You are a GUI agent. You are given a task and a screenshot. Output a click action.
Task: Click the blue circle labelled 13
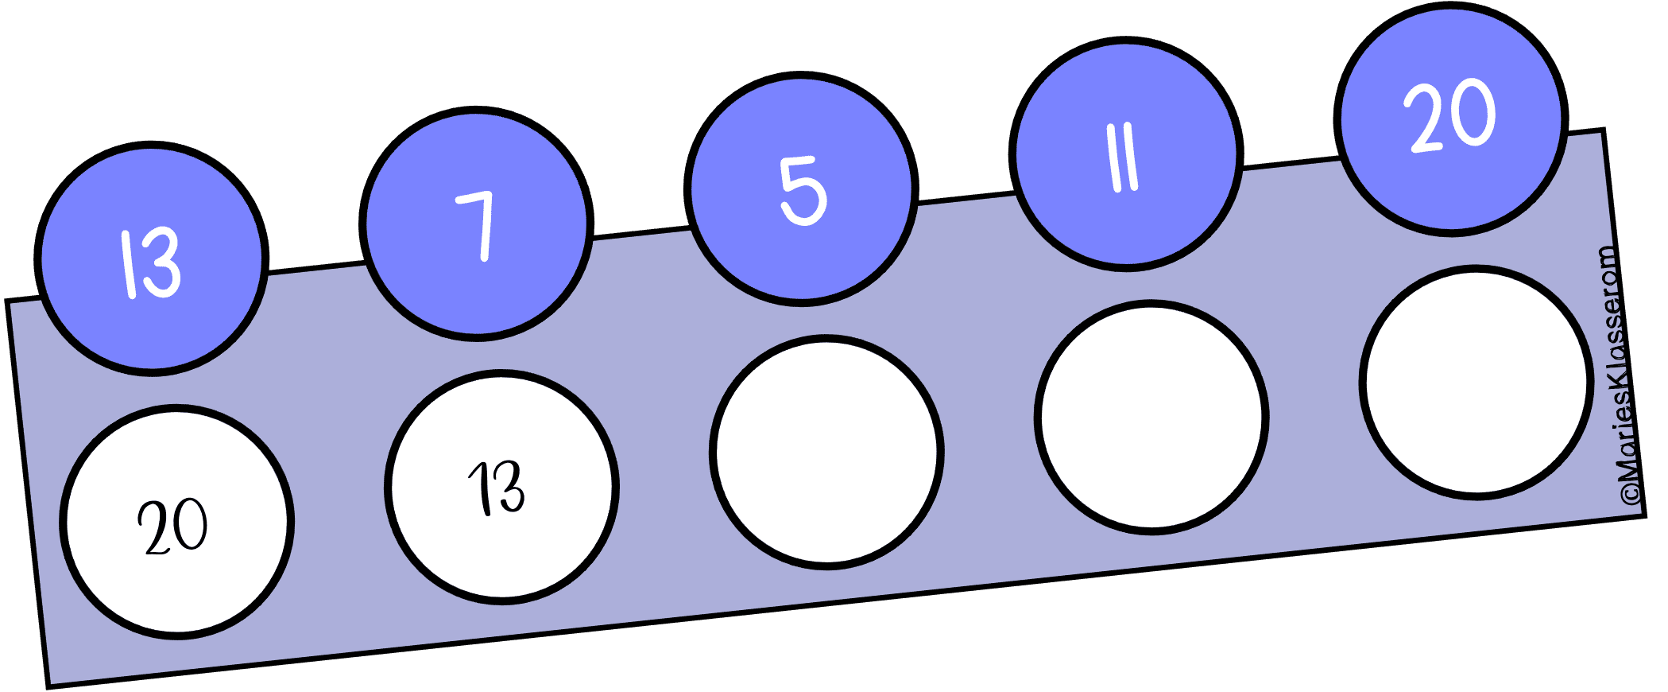(151, 259)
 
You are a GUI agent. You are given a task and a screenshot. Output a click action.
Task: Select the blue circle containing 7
(476, 224)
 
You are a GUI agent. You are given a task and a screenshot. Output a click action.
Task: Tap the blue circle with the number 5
(801, 189)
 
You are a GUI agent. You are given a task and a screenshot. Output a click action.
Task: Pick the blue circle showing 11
(1126, 154)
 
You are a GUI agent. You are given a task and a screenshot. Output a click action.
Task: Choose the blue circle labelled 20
(1451, 119)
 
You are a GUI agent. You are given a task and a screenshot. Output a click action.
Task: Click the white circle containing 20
(176, 523)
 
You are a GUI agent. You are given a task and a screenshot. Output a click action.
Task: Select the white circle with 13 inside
(501, 488)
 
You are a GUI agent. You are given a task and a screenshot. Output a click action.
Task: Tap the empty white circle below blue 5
(826, 453)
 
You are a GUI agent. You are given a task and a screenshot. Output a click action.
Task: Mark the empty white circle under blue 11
(1151, 418)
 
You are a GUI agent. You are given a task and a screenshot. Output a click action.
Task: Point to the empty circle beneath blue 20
(1476, 383)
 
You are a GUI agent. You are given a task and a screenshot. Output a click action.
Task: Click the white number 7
(478, 225)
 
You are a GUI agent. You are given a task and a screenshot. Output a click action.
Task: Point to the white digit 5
(803, 190)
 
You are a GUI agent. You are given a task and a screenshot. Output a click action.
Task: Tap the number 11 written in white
(1124, 160)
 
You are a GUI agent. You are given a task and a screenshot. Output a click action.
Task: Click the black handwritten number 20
(172, 527)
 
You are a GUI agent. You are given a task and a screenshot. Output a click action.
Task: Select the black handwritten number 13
(497, 488)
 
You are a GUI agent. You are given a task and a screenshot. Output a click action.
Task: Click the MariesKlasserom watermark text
(1621, 374)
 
